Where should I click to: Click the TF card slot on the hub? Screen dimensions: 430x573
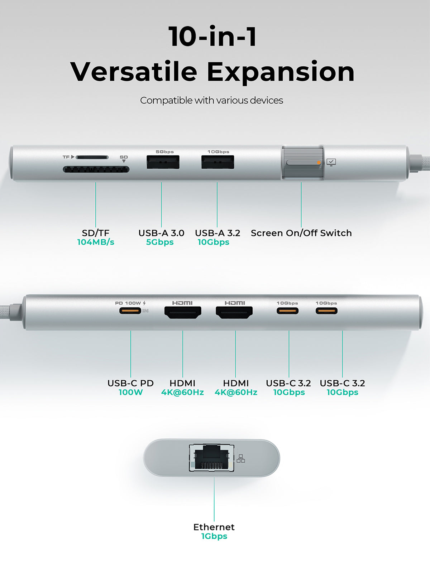(x=92, y=157)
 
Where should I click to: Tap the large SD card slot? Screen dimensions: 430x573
(x=96, y=169)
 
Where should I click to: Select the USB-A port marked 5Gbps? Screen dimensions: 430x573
(x=163, y=162)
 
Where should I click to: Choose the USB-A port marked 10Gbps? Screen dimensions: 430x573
(x=218, y=162)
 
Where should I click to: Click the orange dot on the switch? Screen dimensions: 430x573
(x=319, y=162)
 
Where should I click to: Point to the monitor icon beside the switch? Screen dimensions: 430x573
(x=331, y=162)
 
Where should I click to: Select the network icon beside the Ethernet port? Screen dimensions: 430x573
(x=241, y=458)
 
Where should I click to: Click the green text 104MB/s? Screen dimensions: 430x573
(x=96, y=242)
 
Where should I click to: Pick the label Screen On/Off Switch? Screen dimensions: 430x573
(x=301, y=233)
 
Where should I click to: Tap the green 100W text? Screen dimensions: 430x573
(x=130, y=392)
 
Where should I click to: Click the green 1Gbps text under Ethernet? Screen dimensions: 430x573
(x=214, y=536)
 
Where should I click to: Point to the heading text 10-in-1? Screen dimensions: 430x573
(x=212, y=36)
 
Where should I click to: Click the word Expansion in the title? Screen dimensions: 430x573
(x=281, y=72)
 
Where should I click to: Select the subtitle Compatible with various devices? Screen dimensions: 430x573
(x=211, y=101)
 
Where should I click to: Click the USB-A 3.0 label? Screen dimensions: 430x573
(x=161, y=233)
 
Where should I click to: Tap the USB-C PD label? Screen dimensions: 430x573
(x=130, y=383)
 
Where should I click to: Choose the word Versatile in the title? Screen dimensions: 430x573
(x=134, y=71)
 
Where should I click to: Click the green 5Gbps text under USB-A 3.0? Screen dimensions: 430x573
(x=160, y=242)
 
